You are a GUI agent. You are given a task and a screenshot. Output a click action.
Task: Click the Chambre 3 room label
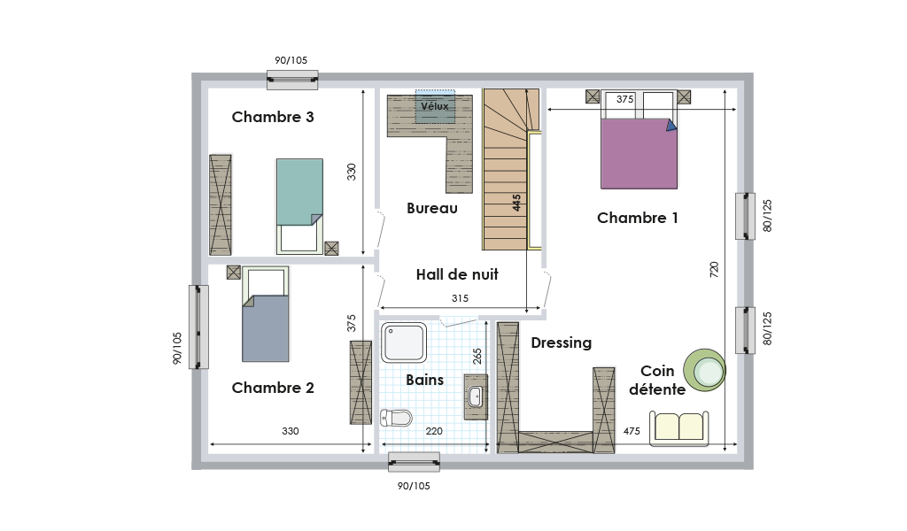pyautogui.click(x=273, y=117)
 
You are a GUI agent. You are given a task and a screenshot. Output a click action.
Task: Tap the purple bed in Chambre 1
pyautogui.click(x=639, y=153)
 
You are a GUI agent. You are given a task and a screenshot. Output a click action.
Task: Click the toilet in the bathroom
pyautogui.click(x=396, y=417)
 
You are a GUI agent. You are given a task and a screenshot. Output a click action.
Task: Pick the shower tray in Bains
pyautogui.click(x=404, y=342)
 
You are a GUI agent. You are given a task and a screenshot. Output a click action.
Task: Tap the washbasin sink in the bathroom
pyautogui.click(x=476, y=396)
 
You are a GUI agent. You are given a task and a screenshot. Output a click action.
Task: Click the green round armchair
pyautogui.click(x=704, y=370)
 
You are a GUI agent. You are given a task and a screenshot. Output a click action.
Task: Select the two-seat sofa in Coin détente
pyautogui.click(x=679, y=428)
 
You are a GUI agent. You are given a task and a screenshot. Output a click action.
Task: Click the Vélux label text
pyautogui.click(x=434, y=106)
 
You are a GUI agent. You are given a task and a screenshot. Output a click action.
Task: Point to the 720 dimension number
pyautogui.click(x=714, y=270)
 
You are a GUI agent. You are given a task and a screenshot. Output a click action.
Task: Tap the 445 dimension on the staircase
pyautogui.click(x=516, y=203)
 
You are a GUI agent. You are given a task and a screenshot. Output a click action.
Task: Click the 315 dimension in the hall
pyautogui.click(x=460, y=298)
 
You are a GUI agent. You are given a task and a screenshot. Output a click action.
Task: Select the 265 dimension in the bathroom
pyautogui.click(x=477, y=356)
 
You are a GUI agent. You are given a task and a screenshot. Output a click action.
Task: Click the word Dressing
pyautogui.click(x=561, y=342)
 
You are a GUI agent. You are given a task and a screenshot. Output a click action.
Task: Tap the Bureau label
pyautogui.click(x=432, y=208)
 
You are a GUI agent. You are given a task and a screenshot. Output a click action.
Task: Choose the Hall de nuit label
pyautogui.click(x=457, y=274)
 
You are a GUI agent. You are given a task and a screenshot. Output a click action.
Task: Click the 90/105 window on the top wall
pyautogui.click(x=292, y=80)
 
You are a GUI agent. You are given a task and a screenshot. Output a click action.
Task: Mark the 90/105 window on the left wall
pyautogui.click(x=198, y=327)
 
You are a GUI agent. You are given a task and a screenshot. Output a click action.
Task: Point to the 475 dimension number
pyautogui.click(x=632, y=431)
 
